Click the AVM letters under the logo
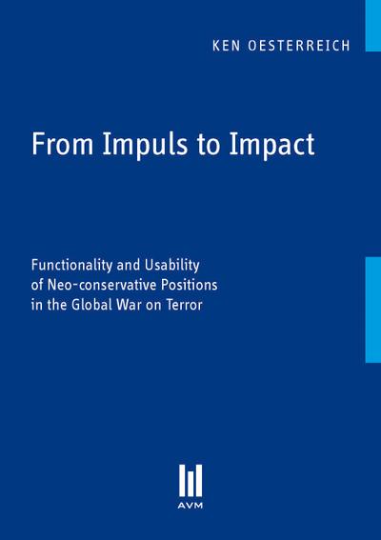(x=190, y=509)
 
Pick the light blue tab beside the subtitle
(x=372, y=309)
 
